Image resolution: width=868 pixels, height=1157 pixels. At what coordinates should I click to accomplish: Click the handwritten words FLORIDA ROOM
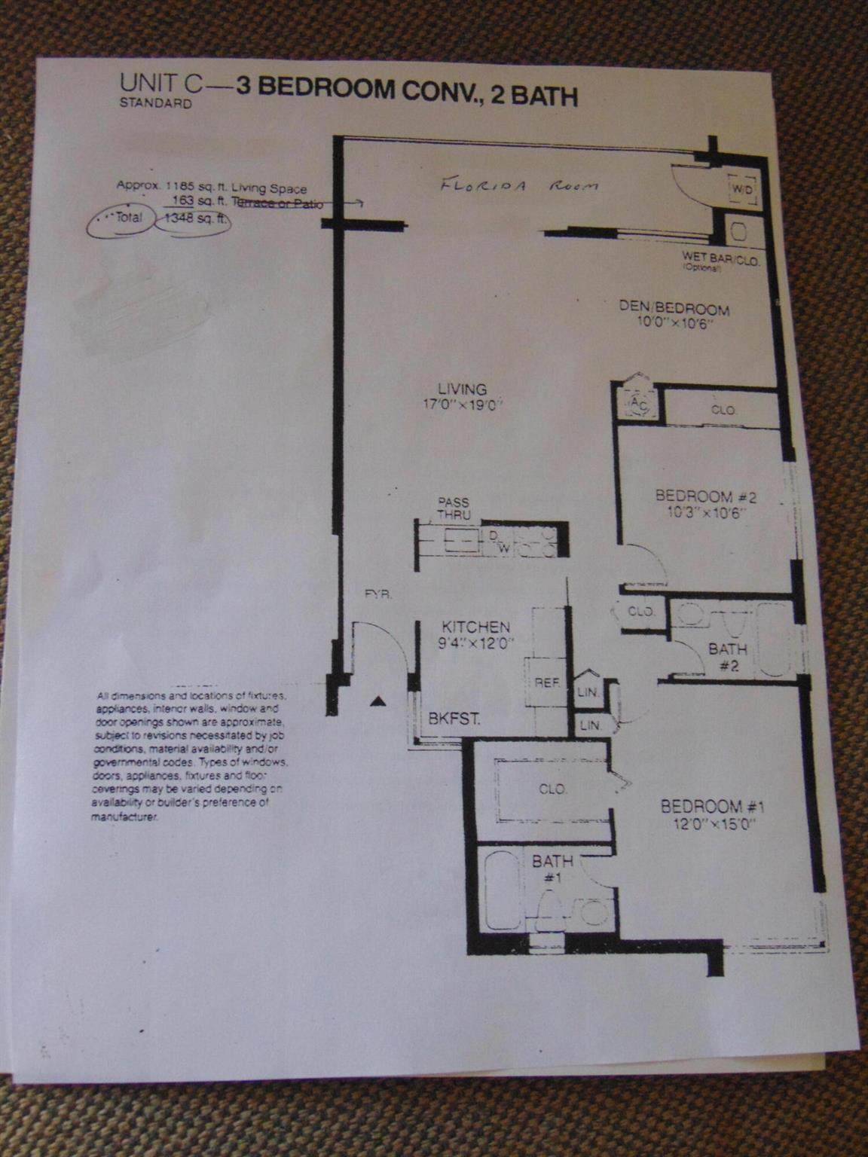(519, 185)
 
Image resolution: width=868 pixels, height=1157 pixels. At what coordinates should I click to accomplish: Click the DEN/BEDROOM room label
(674, 309)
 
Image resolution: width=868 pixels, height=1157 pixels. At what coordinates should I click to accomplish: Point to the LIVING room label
(464, 389)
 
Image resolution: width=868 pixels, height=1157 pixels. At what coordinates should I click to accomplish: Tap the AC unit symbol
(639, 404)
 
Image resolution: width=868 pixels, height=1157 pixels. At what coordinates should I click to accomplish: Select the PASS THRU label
(455, 508)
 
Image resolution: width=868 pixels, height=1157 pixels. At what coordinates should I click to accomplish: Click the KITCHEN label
(475, 626)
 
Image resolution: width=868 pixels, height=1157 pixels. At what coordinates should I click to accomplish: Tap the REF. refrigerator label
(546, 683)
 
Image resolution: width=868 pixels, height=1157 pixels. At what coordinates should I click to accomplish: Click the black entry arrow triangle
(379, 701)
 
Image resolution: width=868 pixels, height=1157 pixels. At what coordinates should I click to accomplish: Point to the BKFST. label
(454, 719)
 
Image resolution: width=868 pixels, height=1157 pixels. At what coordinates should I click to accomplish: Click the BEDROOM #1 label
(712, 807)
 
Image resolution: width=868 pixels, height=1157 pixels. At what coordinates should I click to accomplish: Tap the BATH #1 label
(552, 868)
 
